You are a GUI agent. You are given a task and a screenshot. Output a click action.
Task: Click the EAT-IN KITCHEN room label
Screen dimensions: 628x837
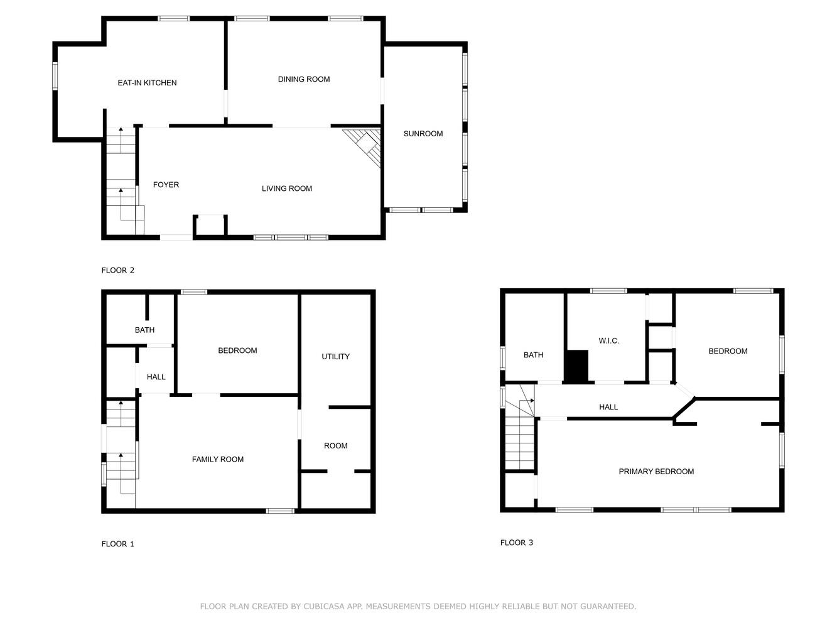tap(147, 83)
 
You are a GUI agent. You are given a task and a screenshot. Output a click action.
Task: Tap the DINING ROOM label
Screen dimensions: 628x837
tap(304, 79)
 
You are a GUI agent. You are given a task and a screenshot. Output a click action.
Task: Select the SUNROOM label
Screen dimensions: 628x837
tap(423, 134)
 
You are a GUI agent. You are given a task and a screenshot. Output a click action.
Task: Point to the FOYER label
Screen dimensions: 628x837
tap(166, 185)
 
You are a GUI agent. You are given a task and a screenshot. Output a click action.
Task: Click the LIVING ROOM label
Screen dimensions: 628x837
tap(287, 188)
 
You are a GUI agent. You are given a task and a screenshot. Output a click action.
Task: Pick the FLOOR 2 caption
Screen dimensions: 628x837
tap(118, 271)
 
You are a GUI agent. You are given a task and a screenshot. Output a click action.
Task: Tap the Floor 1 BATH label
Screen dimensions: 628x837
tap(144, 330)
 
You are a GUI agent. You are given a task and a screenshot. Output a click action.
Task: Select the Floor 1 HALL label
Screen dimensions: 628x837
tap(156, 377)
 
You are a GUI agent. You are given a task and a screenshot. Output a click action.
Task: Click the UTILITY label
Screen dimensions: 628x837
tap(335, 357)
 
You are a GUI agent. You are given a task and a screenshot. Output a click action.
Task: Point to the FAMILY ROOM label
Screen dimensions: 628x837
tap(218, 460)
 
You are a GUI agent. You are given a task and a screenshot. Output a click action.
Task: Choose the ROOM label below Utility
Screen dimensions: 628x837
tap(335, 446)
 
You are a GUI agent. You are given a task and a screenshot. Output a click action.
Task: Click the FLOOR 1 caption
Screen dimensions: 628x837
tap(118, 544)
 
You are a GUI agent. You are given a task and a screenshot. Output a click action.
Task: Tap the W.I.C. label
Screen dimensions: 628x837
tap(608, 341)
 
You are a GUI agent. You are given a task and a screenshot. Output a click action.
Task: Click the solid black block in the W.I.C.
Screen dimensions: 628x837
tap(576, 366)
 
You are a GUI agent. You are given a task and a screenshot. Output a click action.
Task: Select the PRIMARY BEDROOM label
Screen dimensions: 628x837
tap(656, 472)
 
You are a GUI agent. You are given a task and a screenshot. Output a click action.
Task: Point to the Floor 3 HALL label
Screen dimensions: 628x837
tap(608, 407)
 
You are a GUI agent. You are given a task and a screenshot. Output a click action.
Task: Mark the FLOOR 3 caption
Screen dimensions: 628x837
tap(517, 543)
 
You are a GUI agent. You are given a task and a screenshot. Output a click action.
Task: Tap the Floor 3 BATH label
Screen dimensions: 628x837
tap(533, 355)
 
